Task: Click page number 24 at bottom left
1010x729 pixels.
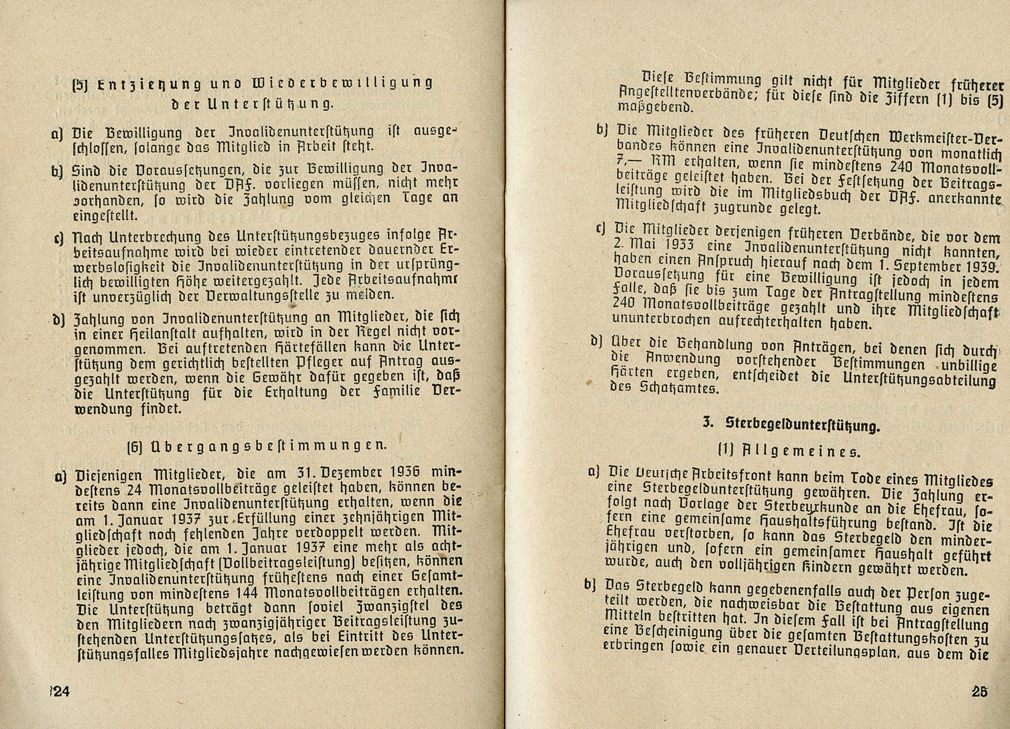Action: pos(61,692)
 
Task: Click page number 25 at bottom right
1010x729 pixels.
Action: pos(979,692)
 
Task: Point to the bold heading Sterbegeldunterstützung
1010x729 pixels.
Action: pos(802,426)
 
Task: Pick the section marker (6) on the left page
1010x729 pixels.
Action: pos(134,447)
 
